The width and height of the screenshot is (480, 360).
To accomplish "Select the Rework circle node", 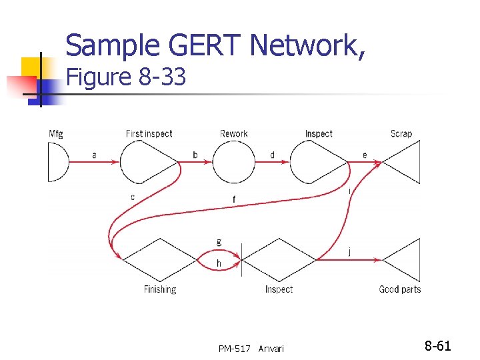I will tap(235, 162).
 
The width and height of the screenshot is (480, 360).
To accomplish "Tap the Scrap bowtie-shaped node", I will tap(401, 162).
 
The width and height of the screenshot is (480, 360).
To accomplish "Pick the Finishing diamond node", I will tap(160, 259).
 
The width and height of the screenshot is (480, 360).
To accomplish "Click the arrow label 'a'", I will tap(94, 155).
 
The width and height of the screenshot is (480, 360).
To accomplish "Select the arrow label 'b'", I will tap(195, 155).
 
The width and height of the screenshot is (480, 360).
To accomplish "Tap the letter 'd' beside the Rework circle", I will tap(272, 155).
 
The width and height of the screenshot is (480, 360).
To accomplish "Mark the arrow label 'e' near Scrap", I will tap(364, 155).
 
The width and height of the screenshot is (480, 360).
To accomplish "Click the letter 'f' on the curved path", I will tap(233, 199).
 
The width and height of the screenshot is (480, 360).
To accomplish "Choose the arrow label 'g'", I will tap(219, 241).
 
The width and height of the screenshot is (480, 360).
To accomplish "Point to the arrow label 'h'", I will tap(219, 264).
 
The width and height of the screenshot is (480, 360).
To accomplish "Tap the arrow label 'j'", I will tap(350, 251).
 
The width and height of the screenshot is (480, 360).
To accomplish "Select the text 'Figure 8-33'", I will tap(125, 78).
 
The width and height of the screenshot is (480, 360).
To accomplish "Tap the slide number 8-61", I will tap(437, 346).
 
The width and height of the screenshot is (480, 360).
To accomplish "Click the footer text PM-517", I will tap(234, 349).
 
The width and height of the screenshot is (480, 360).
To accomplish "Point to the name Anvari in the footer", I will tap(271, 349).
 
